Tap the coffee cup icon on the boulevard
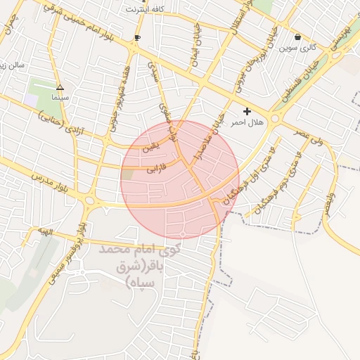pos(137,37)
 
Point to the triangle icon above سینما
pos(60,88)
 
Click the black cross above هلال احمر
pos(247,111)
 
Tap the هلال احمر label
pos(247,122)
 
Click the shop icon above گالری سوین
pos(298,37)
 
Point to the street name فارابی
pos(156,169)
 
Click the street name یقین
pos(150,147)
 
